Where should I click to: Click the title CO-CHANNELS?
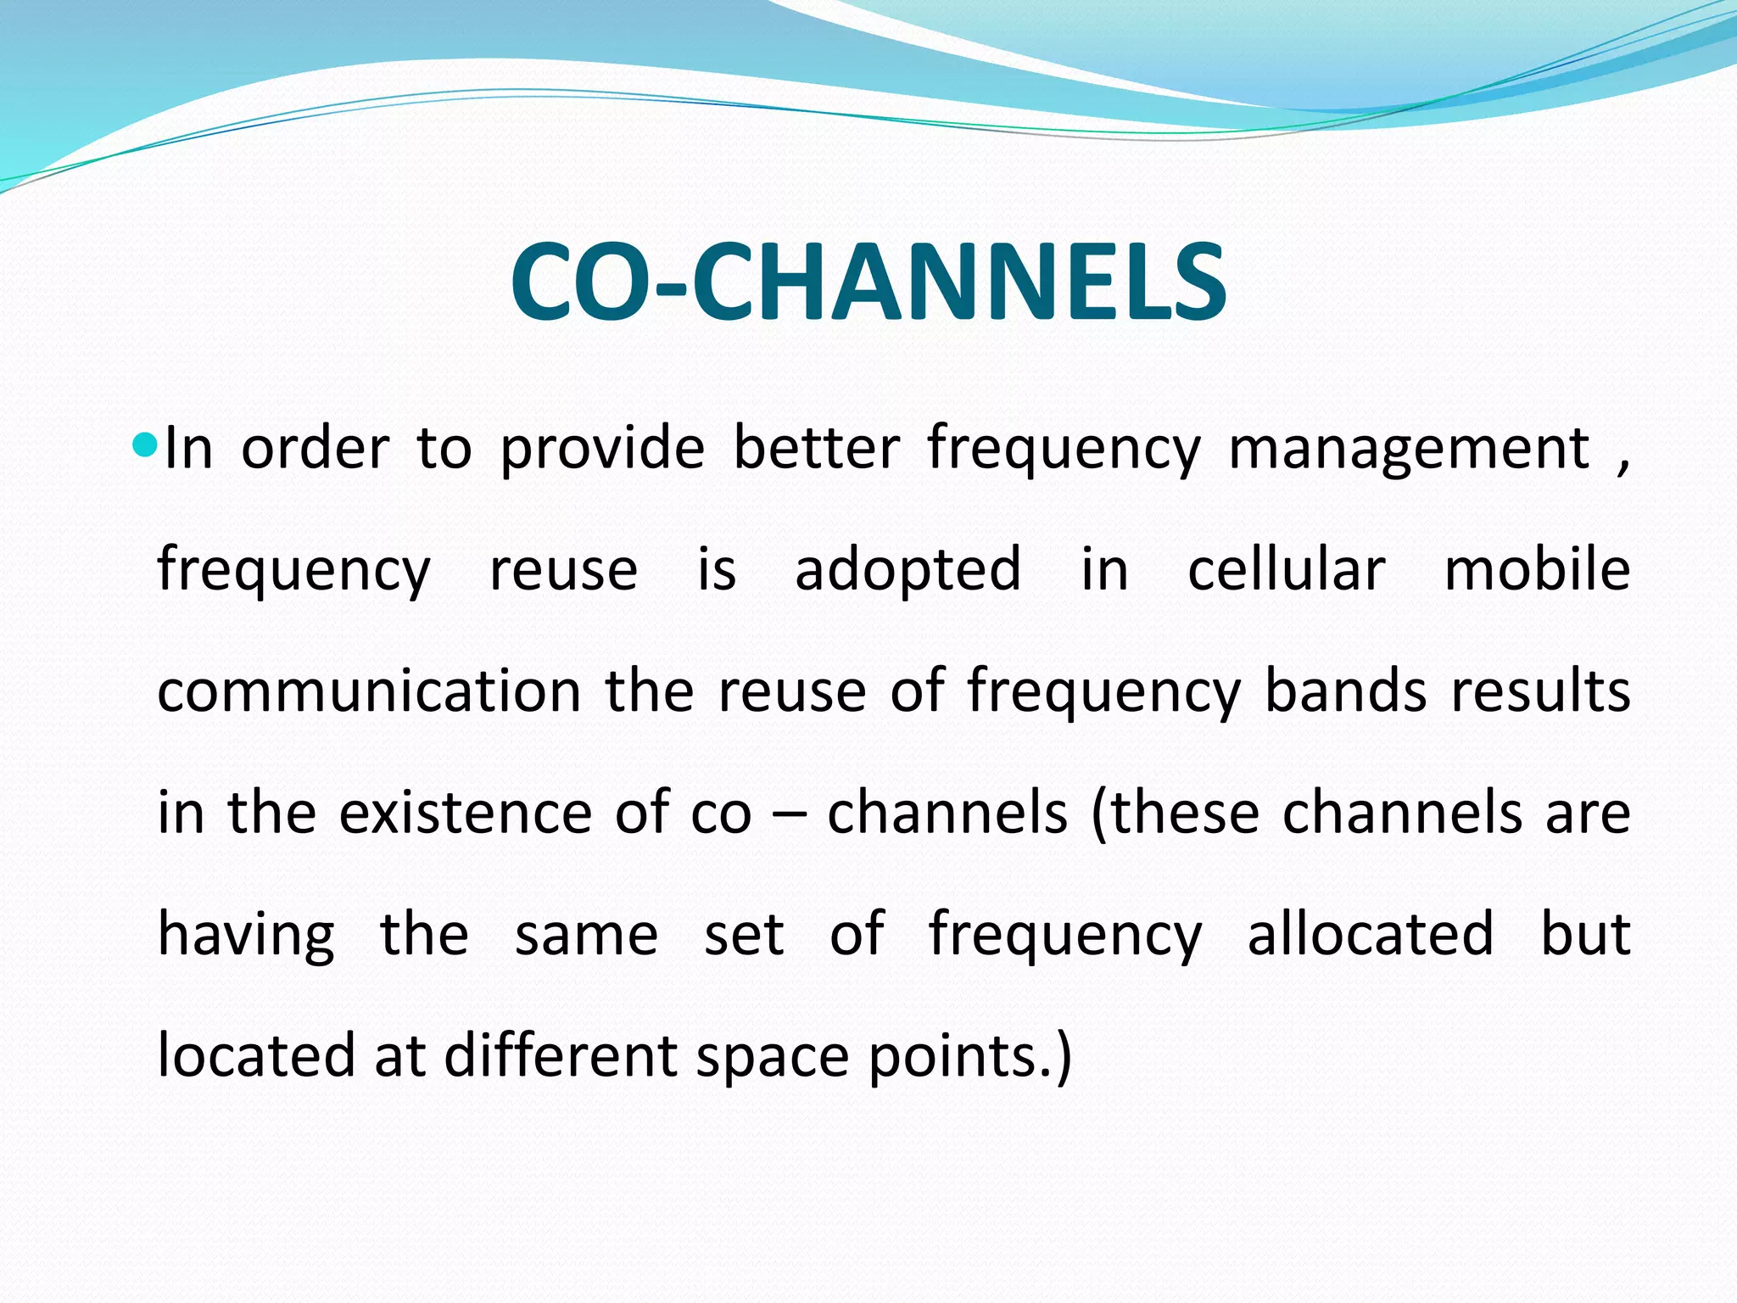coord(868,282)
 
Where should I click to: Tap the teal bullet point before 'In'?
coord(146,444)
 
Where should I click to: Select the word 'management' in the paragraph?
coord(1409,450)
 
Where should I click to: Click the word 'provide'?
coord(601,450)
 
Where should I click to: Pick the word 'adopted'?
coord(908,571)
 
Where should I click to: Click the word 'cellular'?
coord(1286,569)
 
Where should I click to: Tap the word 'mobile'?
coord(1537,569)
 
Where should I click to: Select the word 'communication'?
coord(369,691)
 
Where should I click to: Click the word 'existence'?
coord(465,813)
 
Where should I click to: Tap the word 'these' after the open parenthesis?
coord(1185,813)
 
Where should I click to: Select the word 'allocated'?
coord(1370,934)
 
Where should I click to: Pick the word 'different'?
coord(559,1056)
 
